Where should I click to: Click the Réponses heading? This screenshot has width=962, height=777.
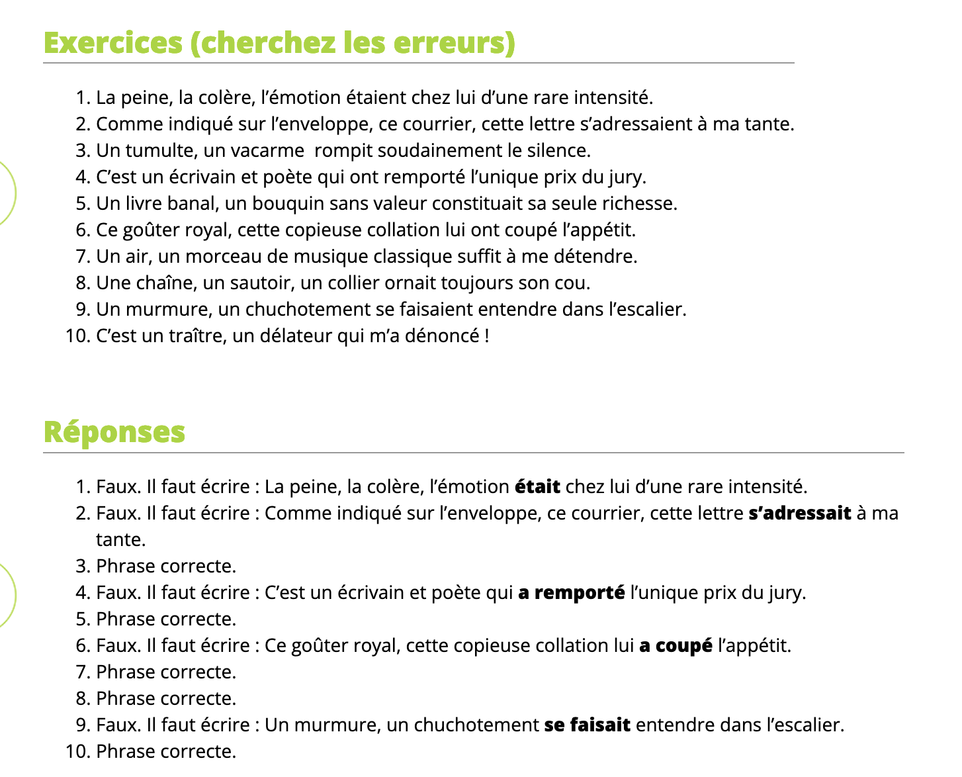[x=114, y=432]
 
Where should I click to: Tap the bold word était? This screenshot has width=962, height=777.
[x=537, y=487]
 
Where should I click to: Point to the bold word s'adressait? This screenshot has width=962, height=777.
[x=799, y=514]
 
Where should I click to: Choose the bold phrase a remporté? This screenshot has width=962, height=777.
[x=572, y=593]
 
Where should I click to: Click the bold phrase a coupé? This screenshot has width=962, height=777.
[x=676, y=646]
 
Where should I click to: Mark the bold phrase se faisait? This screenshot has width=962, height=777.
[x=587, y=725]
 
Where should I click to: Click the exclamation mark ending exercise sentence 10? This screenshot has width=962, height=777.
[x=487, y=336]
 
